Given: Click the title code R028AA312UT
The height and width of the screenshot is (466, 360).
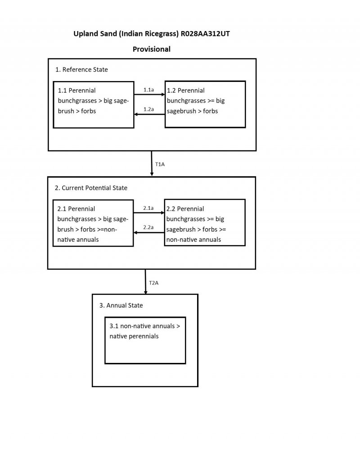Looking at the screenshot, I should pyautogui.click(x=207, y=34).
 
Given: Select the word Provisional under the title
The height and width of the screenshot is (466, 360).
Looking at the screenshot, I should pyautogui.click(x=151, y=49).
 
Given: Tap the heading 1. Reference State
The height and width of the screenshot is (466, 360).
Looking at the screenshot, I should pyautogui.click(x=81, y=69).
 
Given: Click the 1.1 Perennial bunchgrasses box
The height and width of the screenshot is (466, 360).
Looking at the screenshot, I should pyautogui.click(x=94, y=104).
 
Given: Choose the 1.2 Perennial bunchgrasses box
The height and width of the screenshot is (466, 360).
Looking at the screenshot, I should pyautogui.click(x=205, y=104).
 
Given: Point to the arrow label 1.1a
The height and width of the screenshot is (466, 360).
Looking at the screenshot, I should pyautogui.click(x=148, y=90).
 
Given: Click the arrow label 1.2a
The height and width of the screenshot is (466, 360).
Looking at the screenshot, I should pyautogui.click(x=148, y=109).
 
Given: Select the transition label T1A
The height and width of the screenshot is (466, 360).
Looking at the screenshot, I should pyautogui.click(x=160, y=164).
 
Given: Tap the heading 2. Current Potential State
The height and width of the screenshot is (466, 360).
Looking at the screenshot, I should pyautogui.click(x=91, y=188).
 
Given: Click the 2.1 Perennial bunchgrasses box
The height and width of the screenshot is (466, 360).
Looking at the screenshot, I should pyautogui.click(x=93, y=223).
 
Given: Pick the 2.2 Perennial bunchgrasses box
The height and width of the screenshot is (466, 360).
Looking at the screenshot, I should pyautogui.click(x=205, y=223).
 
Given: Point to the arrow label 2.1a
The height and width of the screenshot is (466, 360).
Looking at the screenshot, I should pyautogui.click(x=148, y=208).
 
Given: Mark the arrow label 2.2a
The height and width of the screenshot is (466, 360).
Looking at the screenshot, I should pyautogui.click(x=148, y=228).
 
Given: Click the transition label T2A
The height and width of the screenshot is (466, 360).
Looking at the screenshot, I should pyautogui.click(x=153, y=283).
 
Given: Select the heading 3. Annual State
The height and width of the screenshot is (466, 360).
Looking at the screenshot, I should pyautogui.click(x=121, y=305).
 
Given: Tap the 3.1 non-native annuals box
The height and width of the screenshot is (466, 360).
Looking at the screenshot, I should pyautogui.click(x=145, y=340).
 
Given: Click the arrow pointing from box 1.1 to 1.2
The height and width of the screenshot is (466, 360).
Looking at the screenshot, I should pyautogui.click(x=149, y=95).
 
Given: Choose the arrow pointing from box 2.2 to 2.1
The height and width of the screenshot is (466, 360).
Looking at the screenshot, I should pyautogui.click(x=149, y=233).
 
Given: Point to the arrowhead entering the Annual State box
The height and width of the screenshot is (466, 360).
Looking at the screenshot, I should pyautogui.click(x=145, y=292).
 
